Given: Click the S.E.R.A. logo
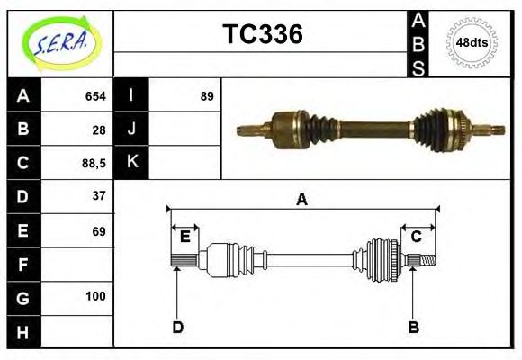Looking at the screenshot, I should (x=59, y=43).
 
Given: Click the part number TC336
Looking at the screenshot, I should (x=262, y=35).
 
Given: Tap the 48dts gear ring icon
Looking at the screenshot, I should (x=472, y=42).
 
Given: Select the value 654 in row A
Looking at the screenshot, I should (x=95, y=96).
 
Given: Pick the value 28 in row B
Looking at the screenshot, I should (x=99, y=130).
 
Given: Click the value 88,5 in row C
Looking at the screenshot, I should (x=94, y=164).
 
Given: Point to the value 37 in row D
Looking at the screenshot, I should (x=99, y=195).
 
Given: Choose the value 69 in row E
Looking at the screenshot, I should (x=99, y=231).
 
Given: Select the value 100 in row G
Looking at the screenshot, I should (x=95, y=296).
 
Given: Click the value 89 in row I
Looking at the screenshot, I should (x=206, y=96).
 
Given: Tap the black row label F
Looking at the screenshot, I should (x=23, y=265).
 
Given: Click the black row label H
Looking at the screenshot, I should (x=23, y=332).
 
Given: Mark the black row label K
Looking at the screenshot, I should (x=131, y=163).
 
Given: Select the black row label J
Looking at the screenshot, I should (x=131, y=130).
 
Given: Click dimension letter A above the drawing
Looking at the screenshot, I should (x=301, y=200).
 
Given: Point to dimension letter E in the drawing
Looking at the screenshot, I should (x=184, y=237).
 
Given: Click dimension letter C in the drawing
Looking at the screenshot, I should (x=416, y=237).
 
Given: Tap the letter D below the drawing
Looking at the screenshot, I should (x=177, y=327).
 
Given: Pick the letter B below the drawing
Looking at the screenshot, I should (x=413, y=327).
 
